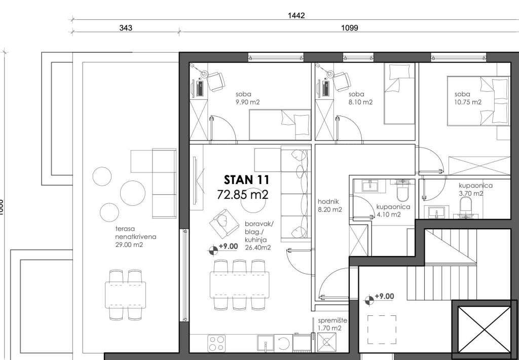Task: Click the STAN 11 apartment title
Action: [247, 180]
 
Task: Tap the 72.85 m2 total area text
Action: [242, 194]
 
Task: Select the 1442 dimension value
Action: [296, 16]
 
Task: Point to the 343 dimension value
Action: [126, 28]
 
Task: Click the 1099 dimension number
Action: [350, 28]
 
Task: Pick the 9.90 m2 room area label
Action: [247, 102]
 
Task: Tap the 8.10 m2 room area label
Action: [360, 102]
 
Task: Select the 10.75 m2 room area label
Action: [468, 102]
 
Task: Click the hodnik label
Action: [328, 202]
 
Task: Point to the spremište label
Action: [332, 320]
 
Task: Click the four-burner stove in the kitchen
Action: [216, 343]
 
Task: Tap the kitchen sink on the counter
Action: [266, 343]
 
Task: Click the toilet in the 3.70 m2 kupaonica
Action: [465, 207]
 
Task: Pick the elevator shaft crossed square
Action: [484, 329]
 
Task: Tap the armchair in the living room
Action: [224, 222]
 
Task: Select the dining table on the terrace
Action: [126, 295]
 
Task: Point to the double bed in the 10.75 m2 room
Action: [478, 101]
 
